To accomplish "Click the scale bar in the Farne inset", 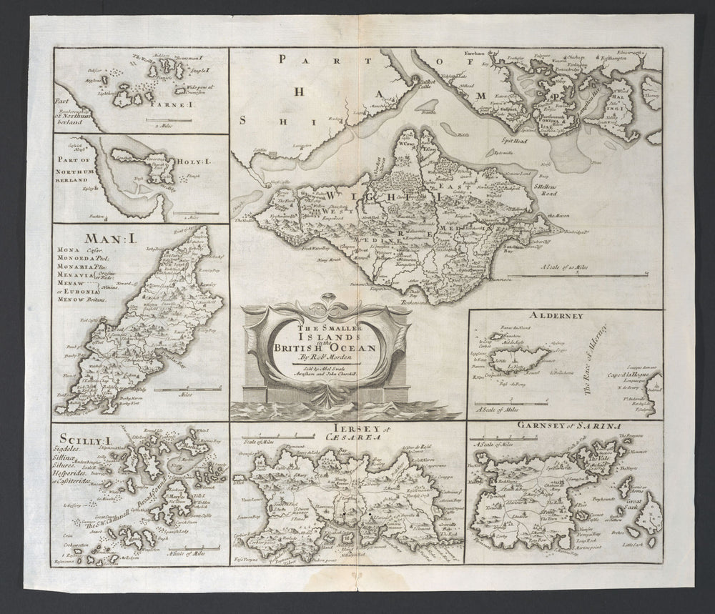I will pyautogui.click(x=167, y=117).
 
